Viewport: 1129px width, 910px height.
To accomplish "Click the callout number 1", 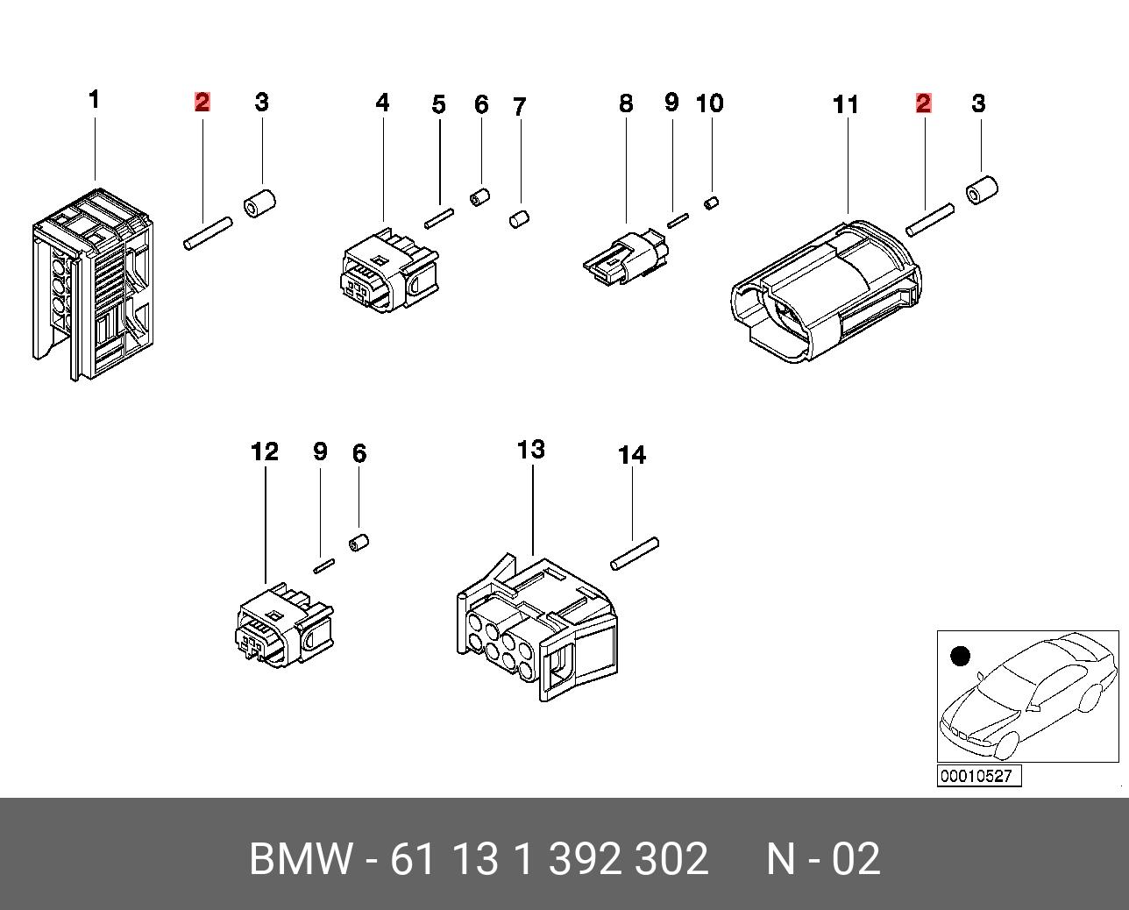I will pyautogui.click(x=94, y=100).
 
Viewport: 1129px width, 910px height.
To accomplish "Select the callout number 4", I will pyautogui.click(x=382, y=103).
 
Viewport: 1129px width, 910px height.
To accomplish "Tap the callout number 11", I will pyautogui.click(x=845, y=105).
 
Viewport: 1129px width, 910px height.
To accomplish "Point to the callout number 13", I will pyautogui.click(x=531, y=451).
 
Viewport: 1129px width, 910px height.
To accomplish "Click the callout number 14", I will pyautogui.click(x=632, y=456).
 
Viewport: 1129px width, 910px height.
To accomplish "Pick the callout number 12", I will pyautogui.click(x=265, y=452).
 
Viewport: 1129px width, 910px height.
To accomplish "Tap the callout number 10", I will pyautogui.click(x=709, y=103).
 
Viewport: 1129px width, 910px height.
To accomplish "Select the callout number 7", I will pyautogui.click(x=519, y=108).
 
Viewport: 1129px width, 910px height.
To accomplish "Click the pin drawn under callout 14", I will pyautogui.click(x=636, y=554).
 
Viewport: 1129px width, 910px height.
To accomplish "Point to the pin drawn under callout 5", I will pyautogui.click(x=438, y=217).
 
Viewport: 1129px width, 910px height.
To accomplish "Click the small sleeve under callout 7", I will pyautogui.click(x=520, y=218).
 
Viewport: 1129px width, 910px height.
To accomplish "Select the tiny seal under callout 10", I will pyautogui.click(x=712, y=203).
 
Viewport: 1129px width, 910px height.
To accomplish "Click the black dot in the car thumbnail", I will pyautogui.click(x=961, y=656).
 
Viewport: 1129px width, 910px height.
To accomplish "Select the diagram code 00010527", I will pyautogui.click(x=979, y=776).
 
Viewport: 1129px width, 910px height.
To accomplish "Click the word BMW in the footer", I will pyautogui.click(x=302, y=859).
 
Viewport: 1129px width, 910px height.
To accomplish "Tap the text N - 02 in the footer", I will pyautogui.click(x=823, y=859).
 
